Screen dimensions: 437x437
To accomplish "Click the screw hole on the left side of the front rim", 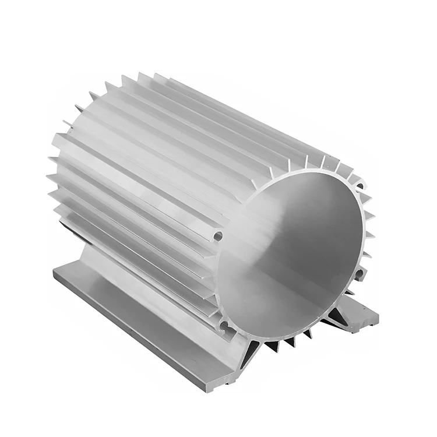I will coord(218,237).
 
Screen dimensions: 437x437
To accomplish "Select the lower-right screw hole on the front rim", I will coord(360,273).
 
